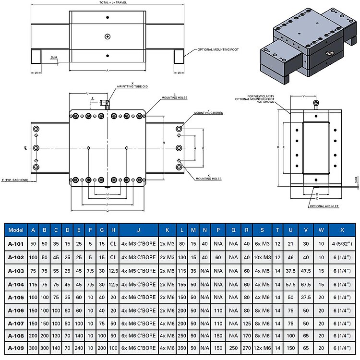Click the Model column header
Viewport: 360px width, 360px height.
coord(16,230)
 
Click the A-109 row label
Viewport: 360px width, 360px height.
coord(16,347)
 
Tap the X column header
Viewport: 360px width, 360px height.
coord(341,230)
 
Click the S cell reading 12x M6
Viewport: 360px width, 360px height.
coord(263,347)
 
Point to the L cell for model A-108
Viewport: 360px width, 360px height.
coord(182,334)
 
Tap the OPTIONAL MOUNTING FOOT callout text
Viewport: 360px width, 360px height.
coord(218,49)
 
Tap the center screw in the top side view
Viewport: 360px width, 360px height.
coord(108,36)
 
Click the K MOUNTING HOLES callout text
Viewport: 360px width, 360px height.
coord(208,178)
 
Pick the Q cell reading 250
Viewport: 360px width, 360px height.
coord(233,347)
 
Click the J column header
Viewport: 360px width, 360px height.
coord(138,230)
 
